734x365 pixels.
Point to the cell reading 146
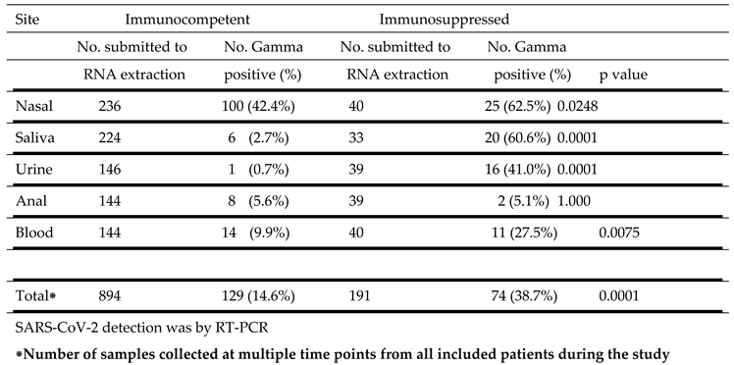point(110,170)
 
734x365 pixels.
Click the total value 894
point(110,294)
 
